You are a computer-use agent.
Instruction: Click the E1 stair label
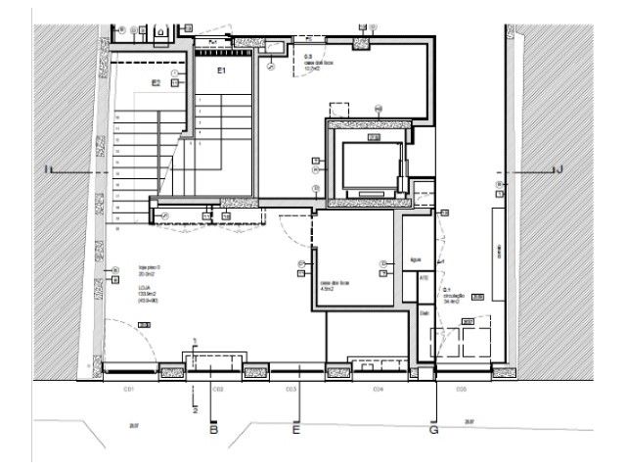(x=221, y=71)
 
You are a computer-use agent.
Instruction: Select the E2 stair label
(x=156, y=83)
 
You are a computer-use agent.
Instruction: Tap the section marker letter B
(x=214, y=428)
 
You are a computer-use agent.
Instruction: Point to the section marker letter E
(x=296, y=428)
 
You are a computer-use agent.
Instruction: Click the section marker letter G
(x=434, y=428)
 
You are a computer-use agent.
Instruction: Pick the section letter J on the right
(x=559, y=170)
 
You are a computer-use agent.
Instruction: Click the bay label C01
(x=127, y=389)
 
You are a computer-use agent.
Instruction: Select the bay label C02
(x=219, y=389)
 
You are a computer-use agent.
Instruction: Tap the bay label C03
(x=291, y=389)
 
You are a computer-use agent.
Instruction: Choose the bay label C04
(x=378, y=389)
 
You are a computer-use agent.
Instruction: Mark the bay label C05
(x=461, y=389)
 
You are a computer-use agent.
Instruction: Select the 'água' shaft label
(x=416, y=260)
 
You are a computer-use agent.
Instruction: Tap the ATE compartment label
(x=424, y=278)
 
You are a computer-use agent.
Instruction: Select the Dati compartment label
(x=425, y=313)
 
